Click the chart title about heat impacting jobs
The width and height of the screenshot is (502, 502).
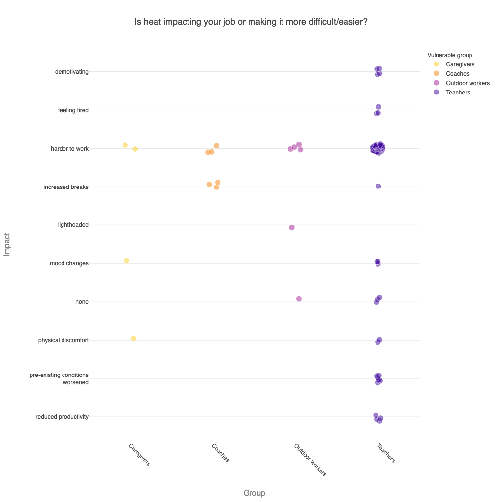pos(251,22)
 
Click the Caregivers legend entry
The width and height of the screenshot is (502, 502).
pos(460,64)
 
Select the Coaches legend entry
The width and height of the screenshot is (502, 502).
pos(457,74)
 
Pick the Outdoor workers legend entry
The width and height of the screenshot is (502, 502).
pos(468,83)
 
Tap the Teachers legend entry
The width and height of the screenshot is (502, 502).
pos(458,93)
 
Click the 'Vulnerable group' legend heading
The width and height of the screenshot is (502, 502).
pos(450,55)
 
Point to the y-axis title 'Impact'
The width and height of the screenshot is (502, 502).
pos(7,244)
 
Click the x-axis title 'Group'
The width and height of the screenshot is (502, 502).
pos(254,493)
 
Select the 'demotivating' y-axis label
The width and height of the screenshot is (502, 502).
pos(72,72)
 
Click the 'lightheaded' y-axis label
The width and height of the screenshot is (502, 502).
pos(73,225)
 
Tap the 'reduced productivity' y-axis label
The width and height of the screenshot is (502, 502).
pos(62,417)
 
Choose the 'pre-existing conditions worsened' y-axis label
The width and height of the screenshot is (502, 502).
pos(59,378)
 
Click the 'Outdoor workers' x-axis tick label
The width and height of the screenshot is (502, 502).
pos(310,460)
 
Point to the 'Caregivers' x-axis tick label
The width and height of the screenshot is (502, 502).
pos(139,455)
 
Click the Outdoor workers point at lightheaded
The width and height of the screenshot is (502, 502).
pos(292,227)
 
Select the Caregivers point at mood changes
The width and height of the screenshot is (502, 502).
pos(126,261)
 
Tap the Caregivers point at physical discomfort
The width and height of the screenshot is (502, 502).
pos(133,338)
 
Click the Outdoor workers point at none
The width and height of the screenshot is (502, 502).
pos(299,299)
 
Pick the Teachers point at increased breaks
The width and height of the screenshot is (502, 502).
pos(378,186)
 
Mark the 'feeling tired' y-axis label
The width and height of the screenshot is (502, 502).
pos(73,110)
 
